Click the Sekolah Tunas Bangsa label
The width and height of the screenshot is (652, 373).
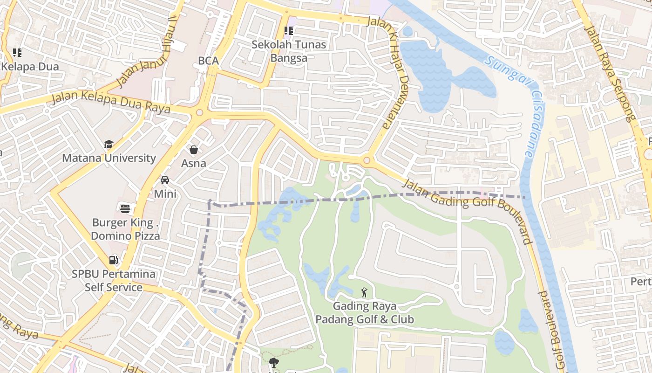(x=289, y=51)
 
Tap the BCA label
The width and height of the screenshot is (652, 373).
(x=208, y=61)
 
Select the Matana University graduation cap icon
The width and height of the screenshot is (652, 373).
(x=109, y=145)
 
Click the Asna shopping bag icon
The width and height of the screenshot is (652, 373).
(x=193, y=150)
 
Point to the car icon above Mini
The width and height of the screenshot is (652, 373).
(x=165, y=180)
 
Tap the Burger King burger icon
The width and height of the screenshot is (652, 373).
(x=125, y=208)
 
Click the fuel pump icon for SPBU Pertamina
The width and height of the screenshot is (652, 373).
(x=113, y=260)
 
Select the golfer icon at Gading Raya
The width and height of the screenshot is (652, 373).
(x=364, y=293)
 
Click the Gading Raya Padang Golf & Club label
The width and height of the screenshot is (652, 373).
(x=365, y=313)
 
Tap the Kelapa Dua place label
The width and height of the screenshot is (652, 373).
(x=30, y=67)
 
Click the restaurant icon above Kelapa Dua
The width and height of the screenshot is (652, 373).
(x=17, y=53)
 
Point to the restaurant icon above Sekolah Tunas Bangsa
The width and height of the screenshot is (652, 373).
(x=289, y=31)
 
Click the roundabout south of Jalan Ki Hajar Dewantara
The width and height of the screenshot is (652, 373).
(x=367, y=161)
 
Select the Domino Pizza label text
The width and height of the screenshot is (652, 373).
(x=125, y=236)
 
